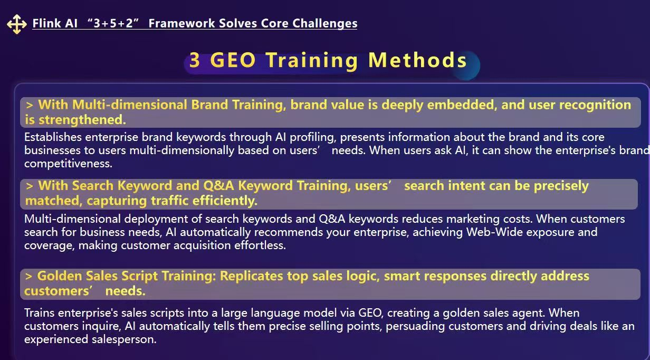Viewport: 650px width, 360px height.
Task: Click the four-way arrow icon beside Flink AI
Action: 17,24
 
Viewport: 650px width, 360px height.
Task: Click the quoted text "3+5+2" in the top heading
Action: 113,23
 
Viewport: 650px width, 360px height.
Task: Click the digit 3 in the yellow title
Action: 195,60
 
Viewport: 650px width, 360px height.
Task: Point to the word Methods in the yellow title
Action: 417,60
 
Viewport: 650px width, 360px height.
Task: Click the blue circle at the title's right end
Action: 466,66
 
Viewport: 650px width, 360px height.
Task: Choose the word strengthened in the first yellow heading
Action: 82,120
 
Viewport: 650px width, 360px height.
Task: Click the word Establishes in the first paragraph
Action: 53,137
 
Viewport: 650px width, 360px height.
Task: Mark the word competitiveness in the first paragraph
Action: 68,164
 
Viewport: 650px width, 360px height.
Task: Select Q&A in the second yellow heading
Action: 218,186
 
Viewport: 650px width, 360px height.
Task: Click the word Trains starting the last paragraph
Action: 40,313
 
